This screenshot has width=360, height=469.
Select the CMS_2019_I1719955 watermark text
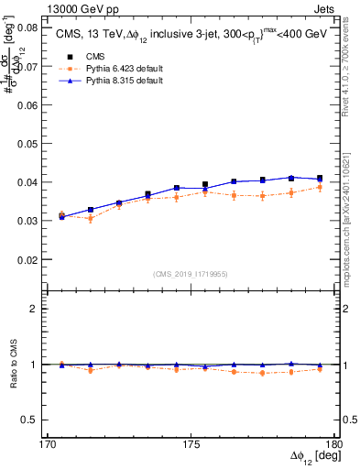[191, 274]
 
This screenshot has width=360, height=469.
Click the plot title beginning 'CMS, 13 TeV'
[188, 35]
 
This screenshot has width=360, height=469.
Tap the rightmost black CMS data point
[320, 179]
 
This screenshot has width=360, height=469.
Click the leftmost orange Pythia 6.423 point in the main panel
[62, 214]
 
